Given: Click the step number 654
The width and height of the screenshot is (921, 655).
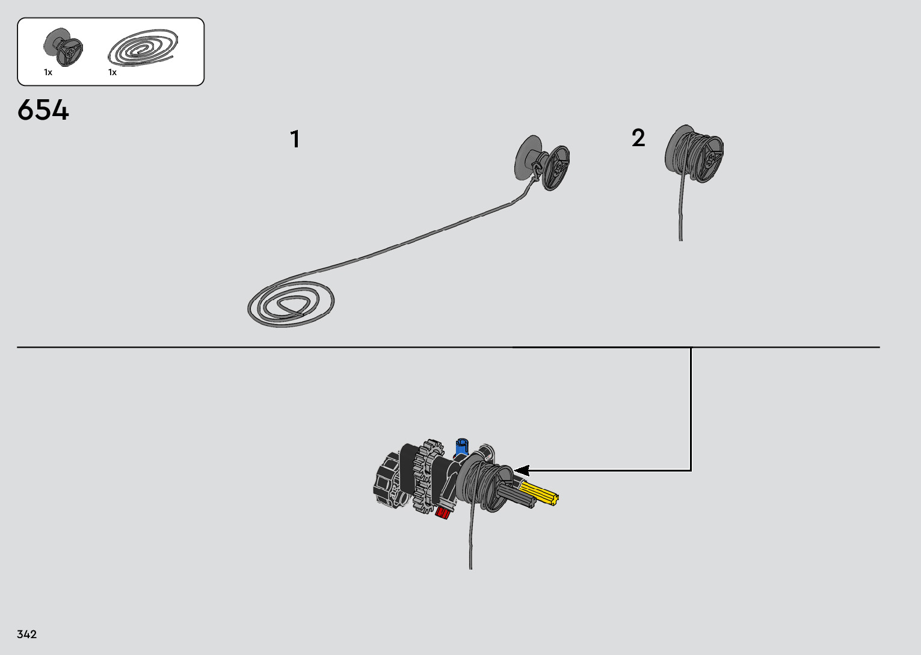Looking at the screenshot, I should pyautogui.click(x=43, y=111).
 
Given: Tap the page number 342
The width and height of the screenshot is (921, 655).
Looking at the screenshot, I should pyautogui.click(x=27, y=635).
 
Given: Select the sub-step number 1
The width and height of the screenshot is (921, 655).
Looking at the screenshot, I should pyautogui.click(x=295, y=140).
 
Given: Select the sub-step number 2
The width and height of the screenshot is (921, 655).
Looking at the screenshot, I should pyautogui.click(x=638, y=138).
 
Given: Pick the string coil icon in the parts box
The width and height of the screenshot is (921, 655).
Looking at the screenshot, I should pyautogui.click(x=143, y=47).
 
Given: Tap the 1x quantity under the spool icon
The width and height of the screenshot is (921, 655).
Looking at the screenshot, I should pyautogui.click(x=48, y=73).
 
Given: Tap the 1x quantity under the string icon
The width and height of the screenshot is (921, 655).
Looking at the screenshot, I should pyautogui.click(x=112, y=73).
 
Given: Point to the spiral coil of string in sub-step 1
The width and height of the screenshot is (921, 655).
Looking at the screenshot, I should pyautogui.click(x=291, y=304).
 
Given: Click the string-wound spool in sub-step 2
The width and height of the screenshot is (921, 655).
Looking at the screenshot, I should pyautogui.click(x=694, y=153).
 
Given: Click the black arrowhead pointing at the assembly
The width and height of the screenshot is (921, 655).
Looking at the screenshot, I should pyautogui.click(x=521, y=470).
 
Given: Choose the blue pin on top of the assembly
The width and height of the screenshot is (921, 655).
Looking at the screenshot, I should pyautogui.click(x=462, y=448).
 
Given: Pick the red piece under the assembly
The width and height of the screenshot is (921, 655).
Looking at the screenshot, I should pyautogui.click(x=443, y=512).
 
